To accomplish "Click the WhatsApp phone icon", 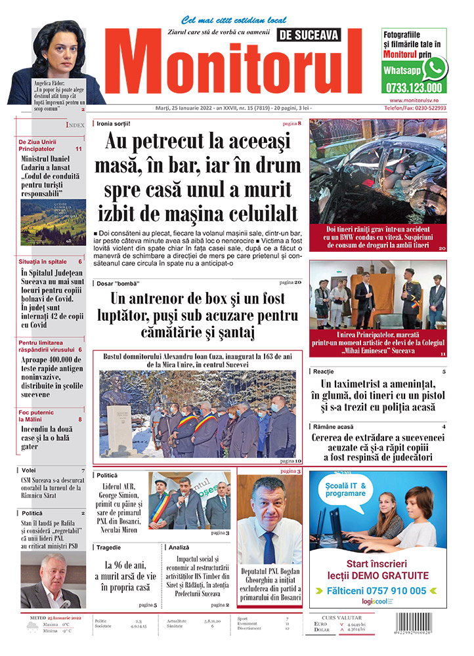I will tap(434, 68).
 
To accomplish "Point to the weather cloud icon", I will tap(30, 627).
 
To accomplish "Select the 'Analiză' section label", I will tap(179, 546).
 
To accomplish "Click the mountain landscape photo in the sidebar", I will tap(53, 222).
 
